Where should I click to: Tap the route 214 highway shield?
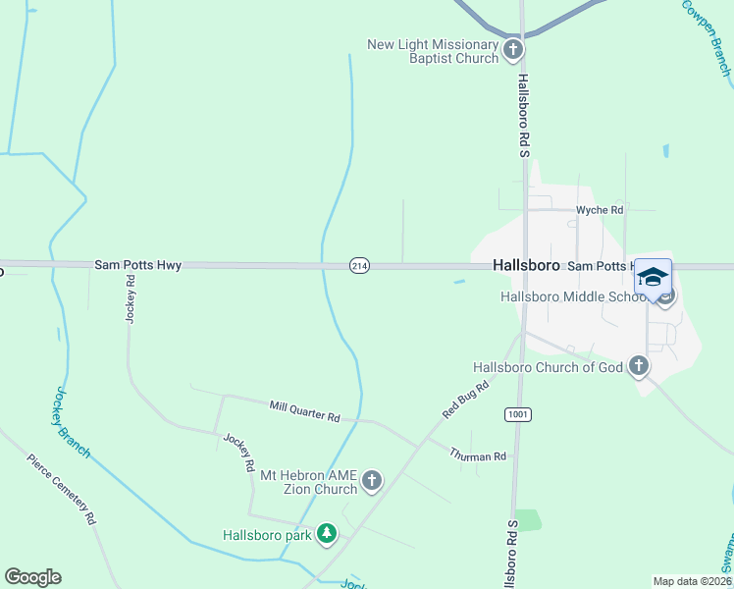(360, 267)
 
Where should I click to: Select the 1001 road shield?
(518, 415)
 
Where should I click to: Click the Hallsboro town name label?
(525, 266)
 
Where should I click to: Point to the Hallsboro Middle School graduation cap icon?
(653, 276)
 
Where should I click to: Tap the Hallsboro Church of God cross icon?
(639, 367)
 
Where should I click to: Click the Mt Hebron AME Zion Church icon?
(372, 480)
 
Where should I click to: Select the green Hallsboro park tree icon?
(327, 535)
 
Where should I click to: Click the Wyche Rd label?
(600, 210)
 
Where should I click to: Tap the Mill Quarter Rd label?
(304, 411)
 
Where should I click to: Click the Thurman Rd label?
(478, 455)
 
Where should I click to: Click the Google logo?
(32, 577)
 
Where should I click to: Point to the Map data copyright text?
(693, 581)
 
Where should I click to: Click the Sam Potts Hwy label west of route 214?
(137, 265)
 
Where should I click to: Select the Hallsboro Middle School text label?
(572, 296)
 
